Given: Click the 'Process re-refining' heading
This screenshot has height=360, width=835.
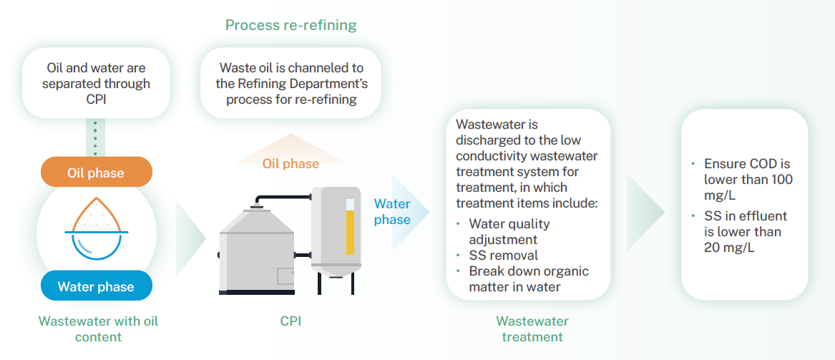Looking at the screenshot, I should (290, 26).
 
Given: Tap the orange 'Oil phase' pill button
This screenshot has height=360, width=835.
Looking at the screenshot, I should (96, 172).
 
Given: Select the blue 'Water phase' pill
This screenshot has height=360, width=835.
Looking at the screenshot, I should (96, 286).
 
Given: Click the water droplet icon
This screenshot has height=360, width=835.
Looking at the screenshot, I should (96, 228).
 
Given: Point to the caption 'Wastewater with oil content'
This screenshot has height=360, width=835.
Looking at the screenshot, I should (98, 329).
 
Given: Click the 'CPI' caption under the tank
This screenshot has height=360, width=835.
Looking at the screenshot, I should (290, 321).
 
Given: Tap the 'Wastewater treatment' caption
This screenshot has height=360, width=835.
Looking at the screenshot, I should (532, 329).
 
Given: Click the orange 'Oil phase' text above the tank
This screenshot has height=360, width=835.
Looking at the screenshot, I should (290, 164).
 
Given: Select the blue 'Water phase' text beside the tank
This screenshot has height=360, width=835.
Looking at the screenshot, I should (392, 212).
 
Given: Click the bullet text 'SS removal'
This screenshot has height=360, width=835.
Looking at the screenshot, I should (503, 256).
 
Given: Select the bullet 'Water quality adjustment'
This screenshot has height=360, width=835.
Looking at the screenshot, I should (509, 232).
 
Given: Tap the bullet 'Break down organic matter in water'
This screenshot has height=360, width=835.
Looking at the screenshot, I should (528, 279).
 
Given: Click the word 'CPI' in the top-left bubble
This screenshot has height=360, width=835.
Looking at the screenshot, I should (96, 99).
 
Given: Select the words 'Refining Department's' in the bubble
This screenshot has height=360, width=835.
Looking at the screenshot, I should (291, 84).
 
